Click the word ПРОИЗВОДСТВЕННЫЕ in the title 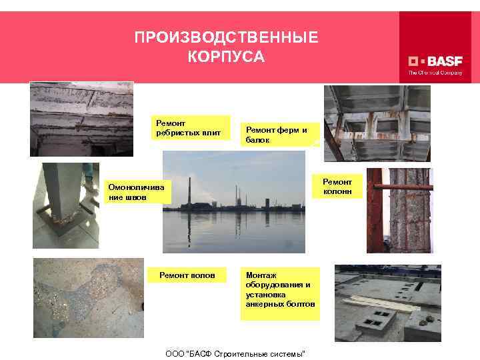(227, 37)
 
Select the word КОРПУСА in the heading (227, 57)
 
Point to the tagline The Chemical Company (435, 73)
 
